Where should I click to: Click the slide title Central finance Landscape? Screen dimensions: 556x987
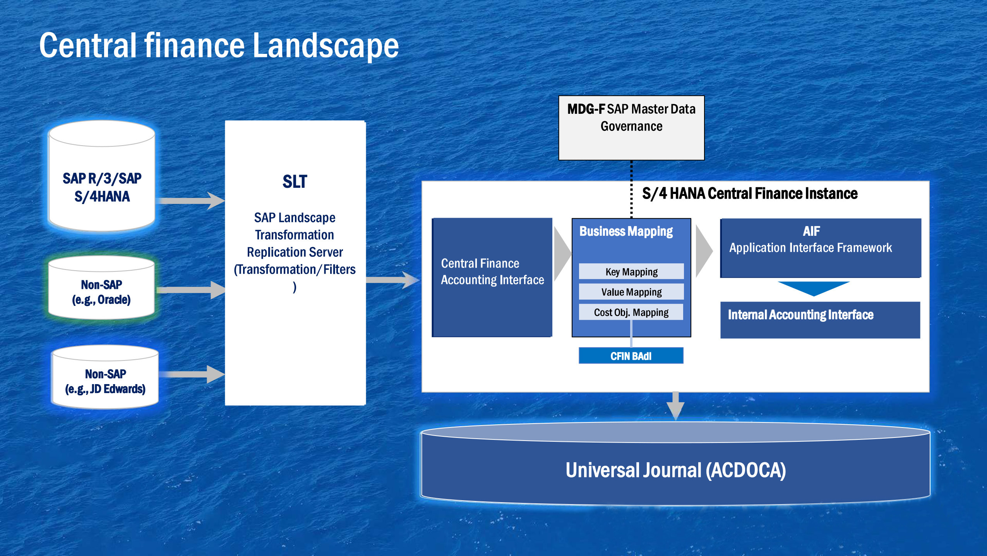219,46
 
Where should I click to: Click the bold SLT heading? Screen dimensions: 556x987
295,182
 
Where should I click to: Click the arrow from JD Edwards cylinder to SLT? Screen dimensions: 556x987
191,374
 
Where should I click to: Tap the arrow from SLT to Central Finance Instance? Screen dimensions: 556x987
392,280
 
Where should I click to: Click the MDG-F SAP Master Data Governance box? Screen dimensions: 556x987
631,128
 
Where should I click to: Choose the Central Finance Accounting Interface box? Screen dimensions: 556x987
492,277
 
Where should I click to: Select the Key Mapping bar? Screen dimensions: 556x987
631,271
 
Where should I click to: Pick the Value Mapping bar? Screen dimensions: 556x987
631,292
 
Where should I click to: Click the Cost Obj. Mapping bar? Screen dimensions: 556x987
631,312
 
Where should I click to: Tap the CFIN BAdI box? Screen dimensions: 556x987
631,356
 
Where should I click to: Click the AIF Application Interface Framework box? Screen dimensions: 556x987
820,248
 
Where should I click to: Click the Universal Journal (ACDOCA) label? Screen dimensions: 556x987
675,470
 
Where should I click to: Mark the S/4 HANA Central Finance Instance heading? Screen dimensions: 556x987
750,193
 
